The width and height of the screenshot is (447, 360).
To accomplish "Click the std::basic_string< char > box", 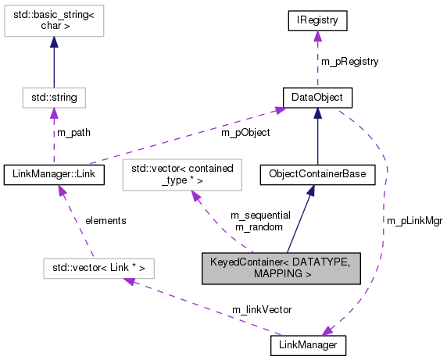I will click(x=54, y=23).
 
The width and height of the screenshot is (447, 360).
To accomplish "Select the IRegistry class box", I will click(x=316, y=17).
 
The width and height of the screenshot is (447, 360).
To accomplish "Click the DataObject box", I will click(x=316, y=98).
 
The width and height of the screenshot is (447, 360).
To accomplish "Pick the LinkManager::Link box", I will click(x=54, y=173).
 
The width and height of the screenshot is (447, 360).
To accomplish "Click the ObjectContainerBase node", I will click(x=316, y=173).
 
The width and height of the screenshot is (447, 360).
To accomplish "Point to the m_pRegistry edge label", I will click(x=349, y=59).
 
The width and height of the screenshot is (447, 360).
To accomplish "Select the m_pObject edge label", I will click(x=245, y=133).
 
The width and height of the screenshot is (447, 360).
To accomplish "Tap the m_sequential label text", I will click(x=260, y=215).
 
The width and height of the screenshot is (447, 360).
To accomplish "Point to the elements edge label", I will click(x=105, y=221).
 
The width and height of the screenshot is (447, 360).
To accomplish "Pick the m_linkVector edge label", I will click(x=262, y=310).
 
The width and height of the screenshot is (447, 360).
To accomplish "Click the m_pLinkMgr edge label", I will click(x=414, y=222).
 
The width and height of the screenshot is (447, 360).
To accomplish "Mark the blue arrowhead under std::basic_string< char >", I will click(x=54, y=49).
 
